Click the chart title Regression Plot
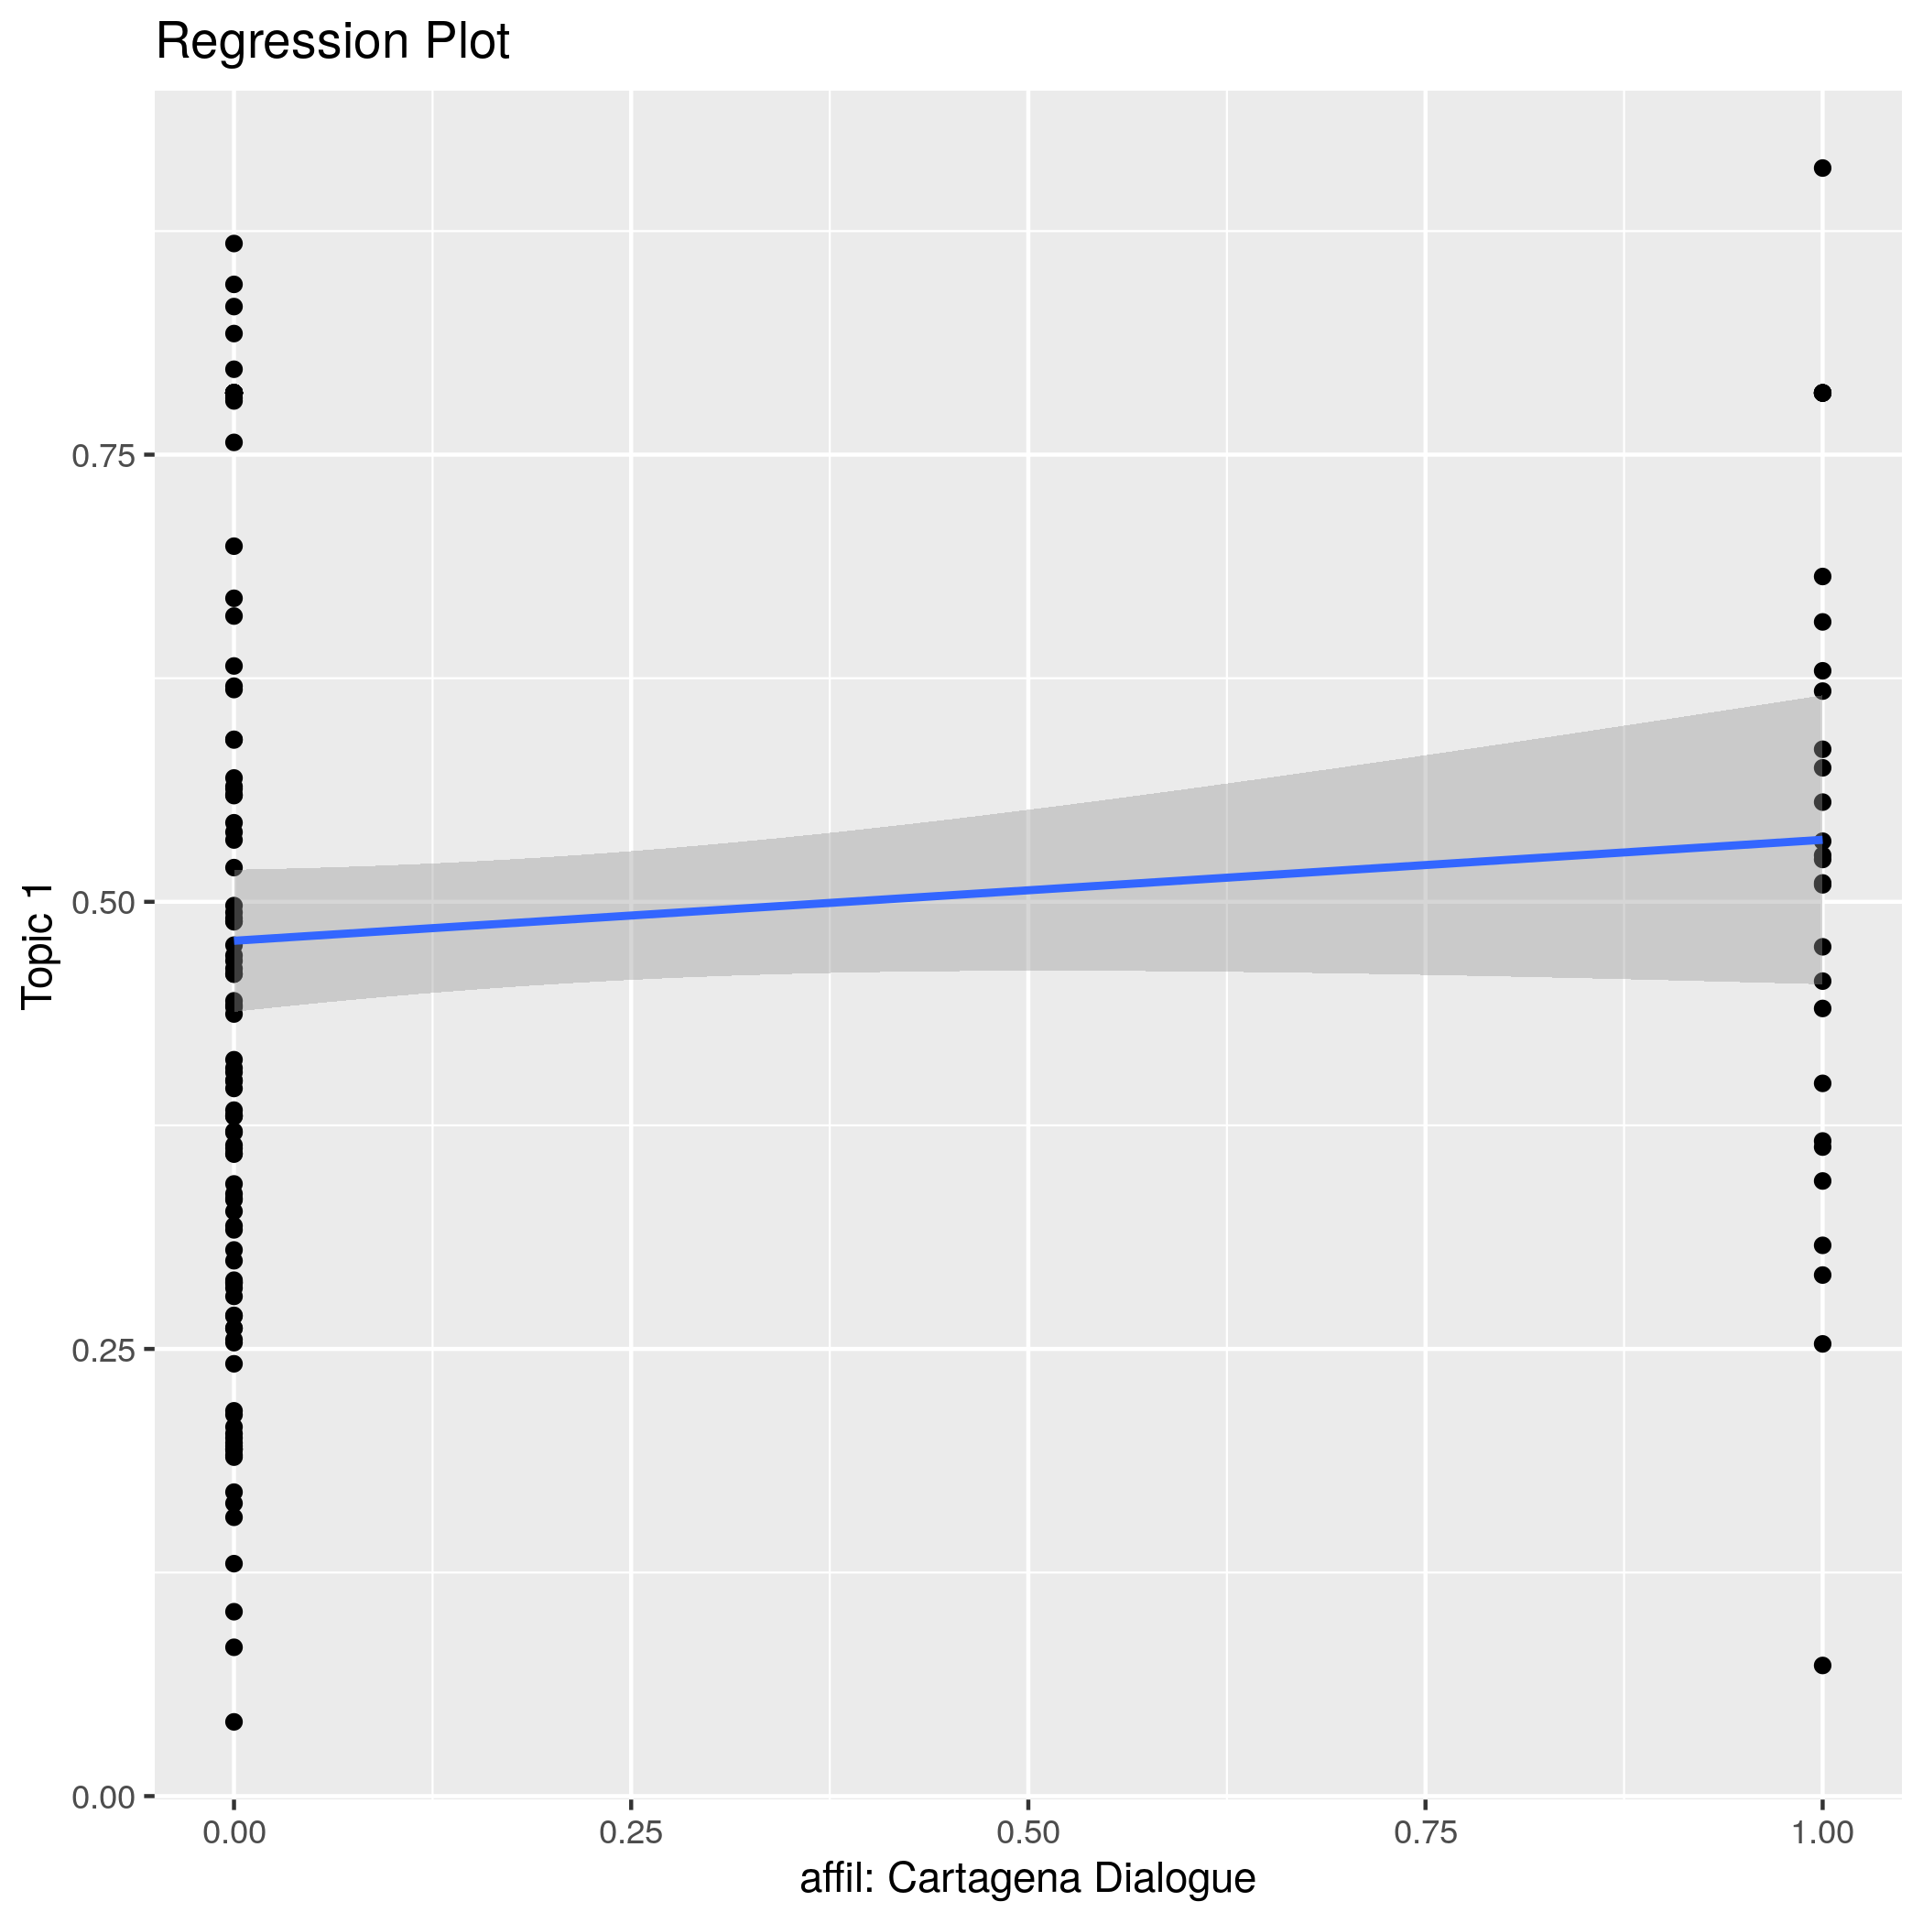pyautogui.click(x=332, y=43)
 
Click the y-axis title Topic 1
pyautogui.click(x=39, y=947)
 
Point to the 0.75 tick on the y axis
pyautogui.click(x=103, y=456)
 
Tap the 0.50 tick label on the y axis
pyautogui.click(x=103, y=903)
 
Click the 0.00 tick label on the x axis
pyautogui.click(x=234, y=1832)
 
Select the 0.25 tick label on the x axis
pyautogui.click(x=631, y=1832)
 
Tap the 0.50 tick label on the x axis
pyautogui.click(x=1027, y=1832)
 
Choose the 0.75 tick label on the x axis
pyautogui.click(x=1426, y=1832)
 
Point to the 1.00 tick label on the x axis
pyautogui.click(x=1821, y=1832)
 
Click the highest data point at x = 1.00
pyautogui.click(x=1822, y=168)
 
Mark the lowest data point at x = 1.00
pyautogui.click(x=1822, y=1665)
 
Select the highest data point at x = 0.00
pyautogui.click(x=234, y=244)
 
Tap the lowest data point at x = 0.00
pyautogui.click(x=234, y=1722)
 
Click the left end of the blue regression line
pyautogui.click(x=235, y=940)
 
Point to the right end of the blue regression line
pyautogui.click(x=1821, y=840)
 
